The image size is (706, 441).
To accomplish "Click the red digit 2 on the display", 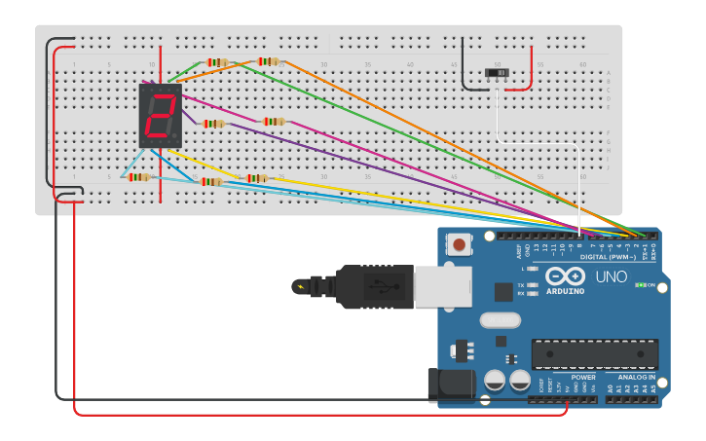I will (x=161, y=115).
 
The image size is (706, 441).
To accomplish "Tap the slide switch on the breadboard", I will (x=498, y=74).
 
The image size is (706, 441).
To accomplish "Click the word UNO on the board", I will (x=611, y=277).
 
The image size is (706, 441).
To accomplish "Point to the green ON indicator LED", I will (x=639, y=285).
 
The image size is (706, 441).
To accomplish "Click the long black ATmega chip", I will (x=594, y=354).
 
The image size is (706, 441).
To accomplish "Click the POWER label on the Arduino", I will (x=583, y=377).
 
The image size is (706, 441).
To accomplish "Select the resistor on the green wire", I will (x=217, y=62).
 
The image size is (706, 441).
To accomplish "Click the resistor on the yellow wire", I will (x=256, y=178).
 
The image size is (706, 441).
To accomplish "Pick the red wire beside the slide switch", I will (x=531, y=68).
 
